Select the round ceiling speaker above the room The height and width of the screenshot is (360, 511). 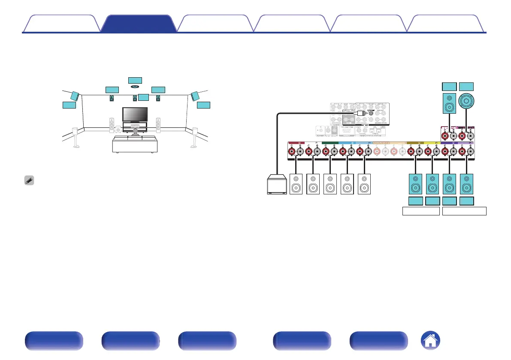(135, 86)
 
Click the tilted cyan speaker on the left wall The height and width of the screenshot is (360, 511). (75, 96)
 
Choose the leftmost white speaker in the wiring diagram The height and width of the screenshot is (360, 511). (296, 183)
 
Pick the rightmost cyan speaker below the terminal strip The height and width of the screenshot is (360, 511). (467, 183)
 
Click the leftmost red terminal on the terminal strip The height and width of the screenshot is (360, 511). (292, 151)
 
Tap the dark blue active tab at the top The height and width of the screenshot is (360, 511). (139, 24)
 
